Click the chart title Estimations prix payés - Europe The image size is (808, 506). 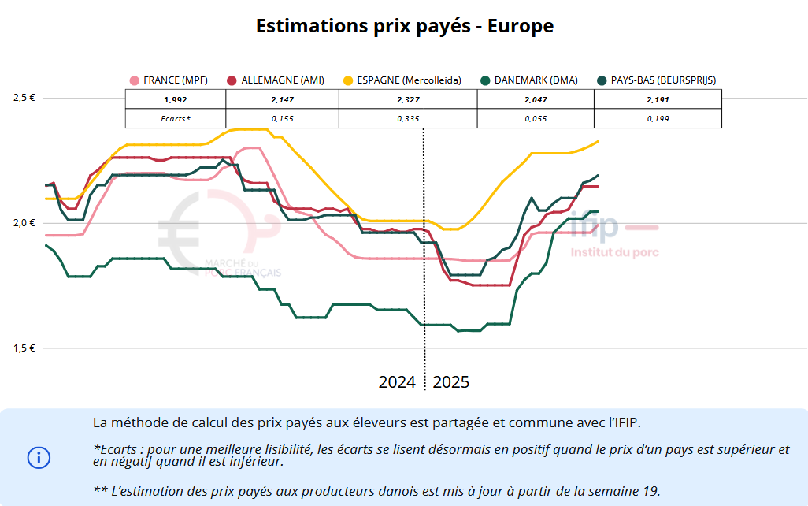(x=404, y=26)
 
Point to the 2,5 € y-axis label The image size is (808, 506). (x=24, y=98)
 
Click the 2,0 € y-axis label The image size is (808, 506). (x=24, y=222)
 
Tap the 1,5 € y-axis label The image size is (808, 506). (x=24, y=348)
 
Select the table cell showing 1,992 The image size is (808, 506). (x=176, y=99)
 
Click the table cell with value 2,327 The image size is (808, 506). (x=408, y=99)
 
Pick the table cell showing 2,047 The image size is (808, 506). (x=536, y=99)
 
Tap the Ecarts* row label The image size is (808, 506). (x=176, y=118)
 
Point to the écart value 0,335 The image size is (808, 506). (x=408, y=118)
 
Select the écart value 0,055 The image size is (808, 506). (x=536, y=118)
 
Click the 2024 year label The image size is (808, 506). (x=397, y=382)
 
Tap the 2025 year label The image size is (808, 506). (x=451, y=382)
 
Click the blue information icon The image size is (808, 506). (x=39, y=457)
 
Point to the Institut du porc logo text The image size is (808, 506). (x=614, y=253)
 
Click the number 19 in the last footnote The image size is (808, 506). (x=650, y=490)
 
